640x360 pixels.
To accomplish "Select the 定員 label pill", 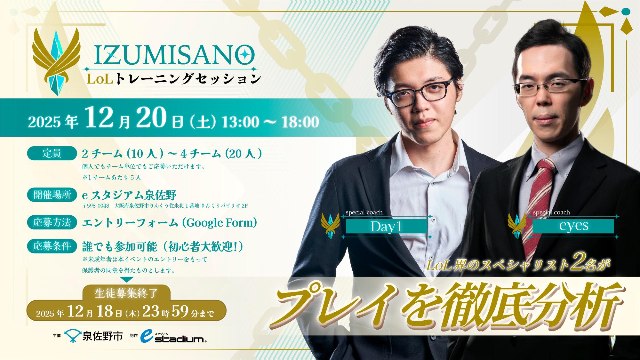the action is [52, 154].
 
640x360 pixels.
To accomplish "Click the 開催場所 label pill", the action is [52, 195].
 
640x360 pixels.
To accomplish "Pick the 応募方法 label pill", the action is [52, 222].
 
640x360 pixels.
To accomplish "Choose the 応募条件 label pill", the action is [52, 246].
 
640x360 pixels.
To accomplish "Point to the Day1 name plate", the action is [387, 227].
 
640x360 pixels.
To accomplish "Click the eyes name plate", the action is [573, 226].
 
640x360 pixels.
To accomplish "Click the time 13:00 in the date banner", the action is [241, 122].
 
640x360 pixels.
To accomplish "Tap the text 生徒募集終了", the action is [126, 293].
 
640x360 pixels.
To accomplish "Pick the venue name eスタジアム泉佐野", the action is [129, 195].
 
